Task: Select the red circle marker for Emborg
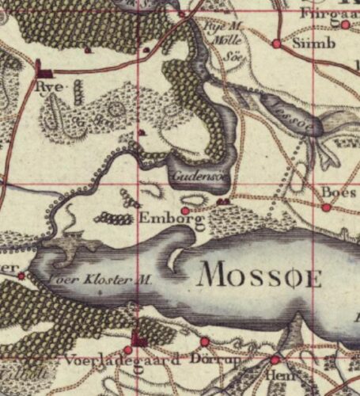pos(185,211)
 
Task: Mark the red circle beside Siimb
pos(276,44)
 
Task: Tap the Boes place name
pos(335,192)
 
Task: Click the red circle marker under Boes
pos(326,208)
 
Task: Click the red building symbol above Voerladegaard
pos(140,341)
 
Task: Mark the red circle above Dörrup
pos(205,341)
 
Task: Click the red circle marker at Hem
pos(275,360)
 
